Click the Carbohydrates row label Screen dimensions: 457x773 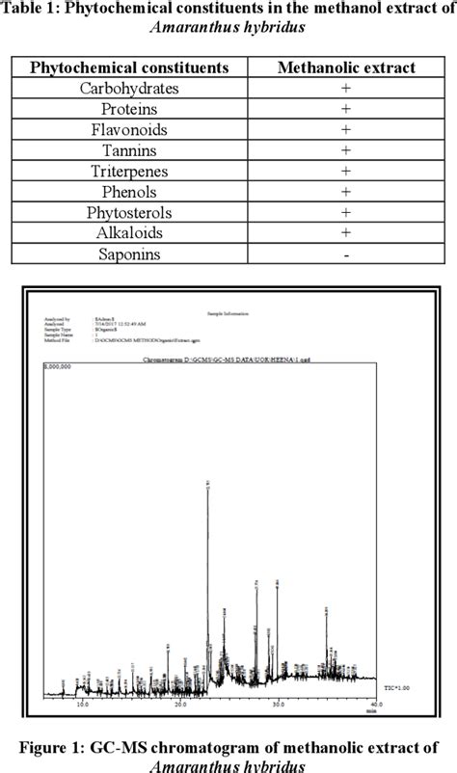coord(129,89)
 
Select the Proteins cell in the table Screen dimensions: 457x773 coord(129,109)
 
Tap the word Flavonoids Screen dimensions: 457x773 coord(129,130)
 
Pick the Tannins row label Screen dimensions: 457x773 coord(129,150)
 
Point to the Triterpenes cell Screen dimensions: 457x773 coord(129,172)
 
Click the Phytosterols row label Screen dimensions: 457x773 coord(129,213)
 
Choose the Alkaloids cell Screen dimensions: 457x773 coord(129,233)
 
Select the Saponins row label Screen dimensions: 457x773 coord(129,254)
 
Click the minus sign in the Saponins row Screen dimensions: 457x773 coord(345,255)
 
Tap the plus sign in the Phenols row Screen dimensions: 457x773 coord(345,193)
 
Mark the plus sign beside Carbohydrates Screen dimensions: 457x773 coord(345,89)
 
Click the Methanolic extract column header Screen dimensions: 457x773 coord(345,67)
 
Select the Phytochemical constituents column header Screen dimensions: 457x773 coord(129,67)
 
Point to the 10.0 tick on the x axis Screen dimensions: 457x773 coord(83,705)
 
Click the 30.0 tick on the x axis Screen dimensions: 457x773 coord(278,705)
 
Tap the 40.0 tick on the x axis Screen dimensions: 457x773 coord(375,705)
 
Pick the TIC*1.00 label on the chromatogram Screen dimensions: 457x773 coord(397,688)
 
